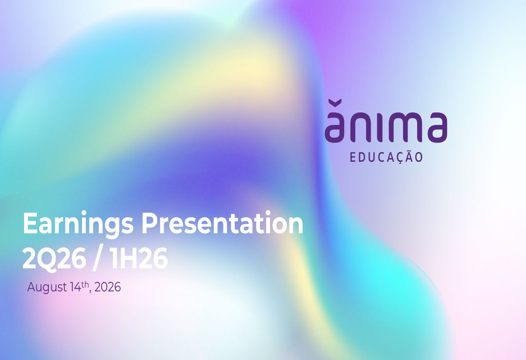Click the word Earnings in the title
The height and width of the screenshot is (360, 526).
78,224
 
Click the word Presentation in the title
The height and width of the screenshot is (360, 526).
222,223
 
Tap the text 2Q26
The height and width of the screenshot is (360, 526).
54,259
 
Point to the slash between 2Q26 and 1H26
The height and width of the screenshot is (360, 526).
97,259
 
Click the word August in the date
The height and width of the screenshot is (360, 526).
47,287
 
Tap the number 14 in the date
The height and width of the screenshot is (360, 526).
75,287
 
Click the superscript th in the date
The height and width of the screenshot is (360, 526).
85,284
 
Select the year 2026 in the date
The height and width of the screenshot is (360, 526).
107,287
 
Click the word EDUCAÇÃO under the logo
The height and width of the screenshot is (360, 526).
386,157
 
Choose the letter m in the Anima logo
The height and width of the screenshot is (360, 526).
406,127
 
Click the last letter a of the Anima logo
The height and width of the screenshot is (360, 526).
437,127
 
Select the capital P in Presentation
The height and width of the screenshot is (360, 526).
149,223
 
